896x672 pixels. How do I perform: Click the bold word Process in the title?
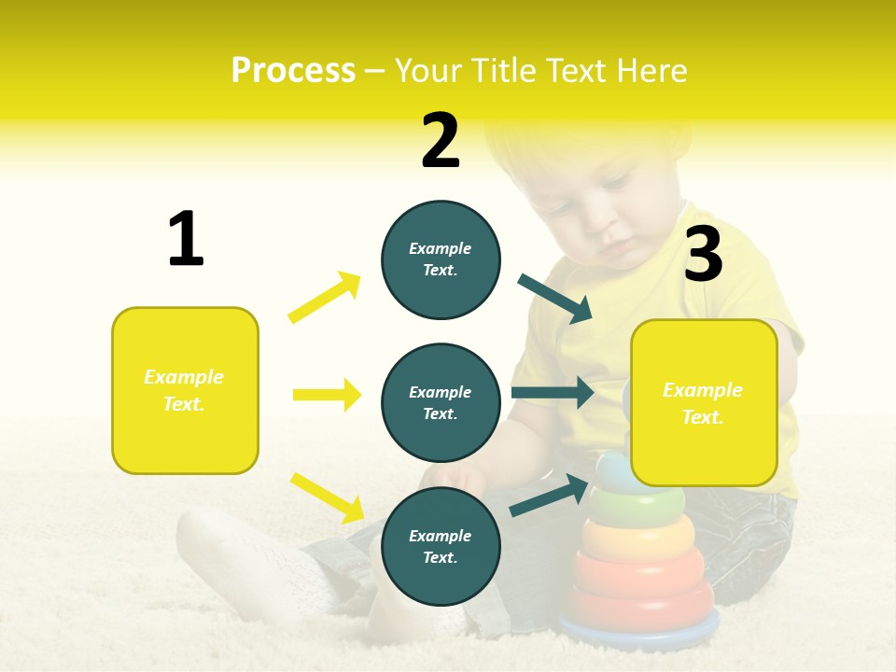tap(293, 71)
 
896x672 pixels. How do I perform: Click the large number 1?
tap(186, 240)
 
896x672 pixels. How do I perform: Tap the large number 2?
tap(441, 141)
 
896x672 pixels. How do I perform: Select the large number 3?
tap(704, 255)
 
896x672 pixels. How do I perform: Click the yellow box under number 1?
tap(185, 390)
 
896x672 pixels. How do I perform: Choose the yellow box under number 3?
tap(704, 403)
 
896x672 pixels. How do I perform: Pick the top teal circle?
tap(441, 259)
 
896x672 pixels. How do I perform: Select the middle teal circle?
tap(441, 402)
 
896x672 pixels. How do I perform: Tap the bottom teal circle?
tap(441, 546)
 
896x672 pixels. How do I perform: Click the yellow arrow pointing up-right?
tap(325, 297)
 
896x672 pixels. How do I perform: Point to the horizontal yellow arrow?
tap(327, 395)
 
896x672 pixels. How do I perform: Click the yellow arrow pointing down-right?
tap(327, 497)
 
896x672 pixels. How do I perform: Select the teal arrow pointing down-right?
tap(555, 299)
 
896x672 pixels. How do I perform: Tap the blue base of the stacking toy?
tap(644, 635)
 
